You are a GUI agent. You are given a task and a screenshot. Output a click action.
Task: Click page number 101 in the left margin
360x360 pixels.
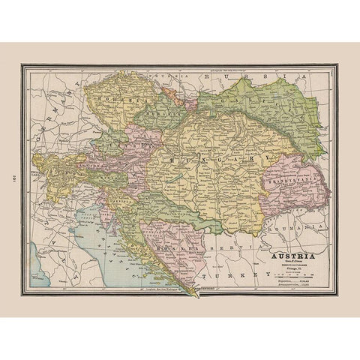click(x=11, y=180)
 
